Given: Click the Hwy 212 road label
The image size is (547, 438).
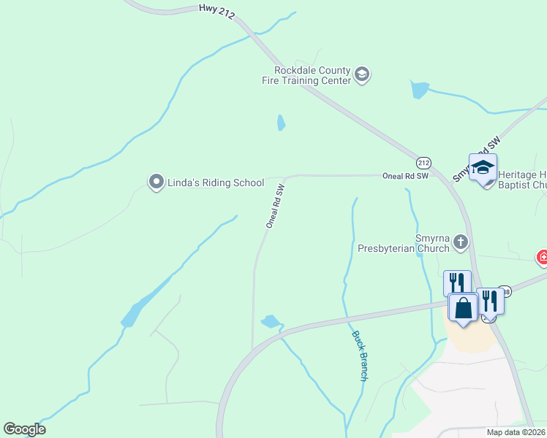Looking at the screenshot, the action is tap(216, 12).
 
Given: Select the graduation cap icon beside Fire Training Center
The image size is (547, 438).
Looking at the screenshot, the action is tap(362, 74).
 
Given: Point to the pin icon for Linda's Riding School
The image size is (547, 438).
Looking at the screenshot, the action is tap(155, 182).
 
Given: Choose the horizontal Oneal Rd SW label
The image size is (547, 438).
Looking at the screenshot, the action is tap(404, 176).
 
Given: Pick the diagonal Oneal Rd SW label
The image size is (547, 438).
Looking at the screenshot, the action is tap(275, 207).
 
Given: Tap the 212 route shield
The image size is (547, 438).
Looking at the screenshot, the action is tap(424, 162).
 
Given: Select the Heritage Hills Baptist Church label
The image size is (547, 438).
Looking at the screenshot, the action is tap(521, 180).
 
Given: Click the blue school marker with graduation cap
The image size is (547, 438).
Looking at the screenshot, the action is tap(483, 168).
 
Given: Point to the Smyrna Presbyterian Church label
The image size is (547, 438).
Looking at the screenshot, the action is tap(403, 243).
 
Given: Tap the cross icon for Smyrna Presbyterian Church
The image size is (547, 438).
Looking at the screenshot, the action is tap(460, 242).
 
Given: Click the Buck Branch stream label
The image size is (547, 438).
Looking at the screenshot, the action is tap(359, 356).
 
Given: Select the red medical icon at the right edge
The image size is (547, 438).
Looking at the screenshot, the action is tap(542, 257).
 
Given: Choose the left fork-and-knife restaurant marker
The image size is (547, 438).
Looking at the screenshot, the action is tap(457, 282).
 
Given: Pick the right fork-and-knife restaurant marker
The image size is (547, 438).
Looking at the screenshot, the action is tap(489, 299).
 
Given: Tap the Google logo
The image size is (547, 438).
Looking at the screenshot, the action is tap(24, 429).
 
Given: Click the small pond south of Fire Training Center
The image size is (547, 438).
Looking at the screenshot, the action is tap(281, 123).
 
